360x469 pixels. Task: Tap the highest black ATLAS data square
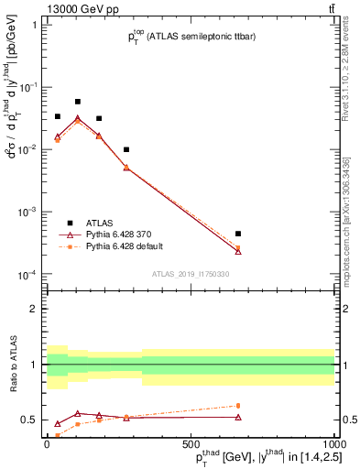[x=78, y=102]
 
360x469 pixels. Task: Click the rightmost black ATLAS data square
[x=238, y=234]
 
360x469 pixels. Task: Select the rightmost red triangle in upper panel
[x=238, y=251]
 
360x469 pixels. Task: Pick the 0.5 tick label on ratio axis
[x=29, y=420]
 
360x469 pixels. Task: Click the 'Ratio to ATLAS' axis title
[x=11, y=365]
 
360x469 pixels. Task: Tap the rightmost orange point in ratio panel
[x=238, y=405]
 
